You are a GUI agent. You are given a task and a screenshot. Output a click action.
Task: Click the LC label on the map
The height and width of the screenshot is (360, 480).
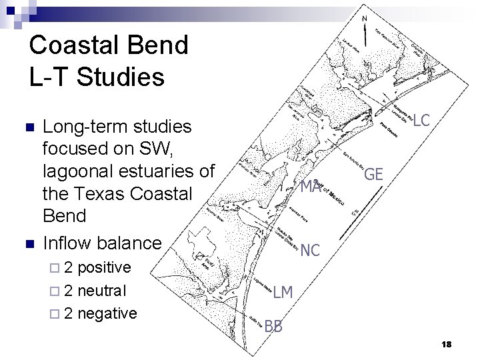click(421, 121)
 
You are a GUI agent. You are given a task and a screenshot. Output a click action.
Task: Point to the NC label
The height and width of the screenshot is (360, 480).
click(311, 251)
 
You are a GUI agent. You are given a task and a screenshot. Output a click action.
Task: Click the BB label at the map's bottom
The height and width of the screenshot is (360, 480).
click(273, 326)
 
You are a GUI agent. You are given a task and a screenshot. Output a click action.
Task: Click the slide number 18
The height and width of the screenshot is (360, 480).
click(446, 343)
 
